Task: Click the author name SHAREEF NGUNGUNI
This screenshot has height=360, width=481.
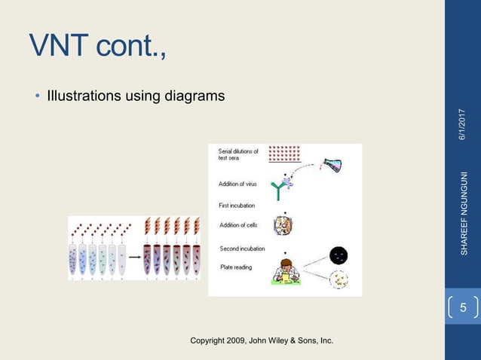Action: point(464,213)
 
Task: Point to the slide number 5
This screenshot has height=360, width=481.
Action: point(463,308)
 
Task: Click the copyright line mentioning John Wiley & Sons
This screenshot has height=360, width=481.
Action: point(262,341)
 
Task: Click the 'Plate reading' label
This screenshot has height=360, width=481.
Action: point(236,267)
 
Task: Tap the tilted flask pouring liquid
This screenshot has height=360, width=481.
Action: point(332,165)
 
